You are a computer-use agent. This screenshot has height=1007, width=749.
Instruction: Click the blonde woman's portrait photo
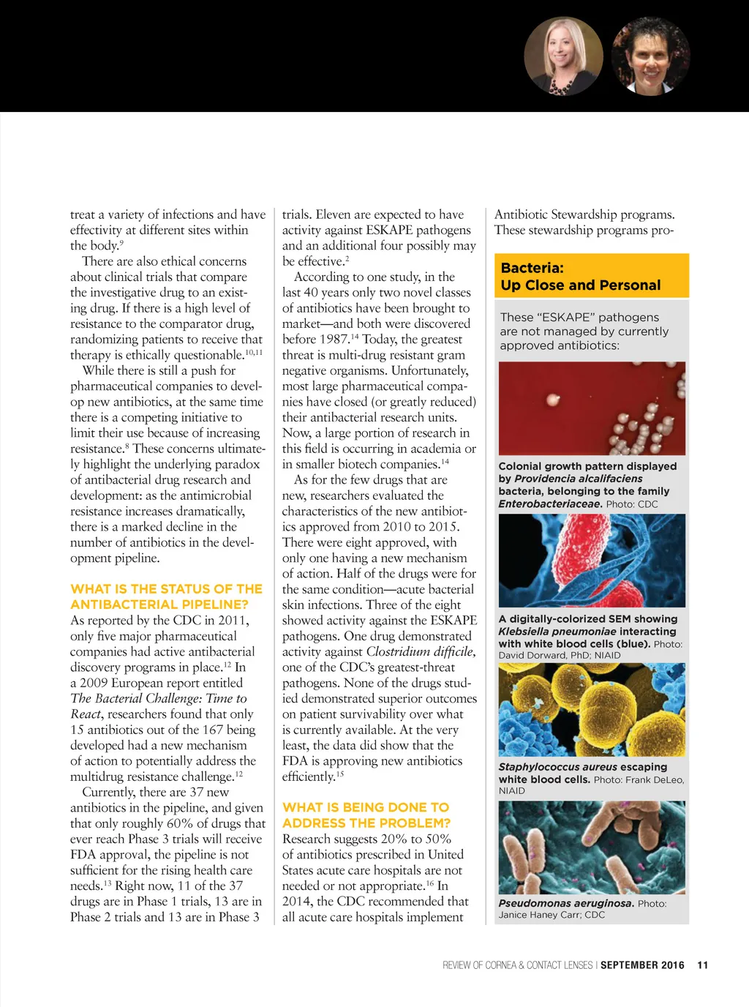(x=563, y=56)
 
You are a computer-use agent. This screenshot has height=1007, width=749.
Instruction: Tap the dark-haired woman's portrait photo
(x=650, y=56)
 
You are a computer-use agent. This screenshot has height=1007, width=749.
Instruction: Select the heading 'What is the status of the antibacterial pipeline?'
(x=166, y=596)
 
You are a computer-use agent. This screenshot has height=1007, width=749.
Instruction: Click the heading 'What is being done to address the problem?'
(x=366, y=815)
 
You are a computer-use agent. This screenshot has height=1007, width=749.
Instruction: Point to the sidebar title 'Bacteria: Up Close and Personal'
(x=581, y=277)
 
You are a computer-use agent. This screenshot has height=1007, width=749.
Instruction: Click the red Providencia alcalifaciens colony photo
(x=592, y=408)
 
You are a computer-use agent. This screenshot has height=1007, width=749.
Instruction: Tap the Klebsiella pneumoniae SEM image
(x=592, y=561)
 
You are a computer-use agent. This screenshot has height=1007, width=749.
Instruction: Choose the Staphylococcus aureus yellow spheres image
(x=592, y=710)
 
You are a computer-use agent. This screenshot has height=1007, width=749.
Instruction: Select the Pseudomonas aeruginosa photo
(x=592, y=847)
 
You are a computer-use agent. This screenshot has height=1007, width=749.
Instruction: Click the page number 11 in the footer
(x=702, y=965)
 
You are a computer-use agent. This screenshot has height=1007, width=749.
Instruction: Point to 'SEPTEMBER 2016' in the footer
(x=642, y=965)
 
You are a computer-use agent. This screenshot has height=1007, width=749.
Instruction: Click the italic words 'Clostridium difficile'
(x=420, y=651)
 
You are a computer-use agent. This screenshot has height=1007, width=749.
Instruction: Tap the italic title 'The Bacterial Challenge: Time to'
(x=159, y=698)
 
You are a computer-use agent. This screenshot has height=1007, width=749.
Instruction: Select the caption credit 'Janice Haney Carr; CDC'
(x=552, y=915)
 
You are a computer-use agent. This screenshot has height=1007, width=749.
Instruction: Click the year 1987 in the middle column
(x=334, y=340)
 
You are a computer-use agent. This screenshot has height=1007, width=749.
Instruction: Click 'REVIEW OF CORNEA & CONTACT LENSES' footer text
(x=517, y=965)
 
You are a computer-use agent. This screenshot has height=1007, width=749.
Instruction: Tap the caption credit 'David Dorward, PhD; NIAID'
(x=559, y=656)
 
